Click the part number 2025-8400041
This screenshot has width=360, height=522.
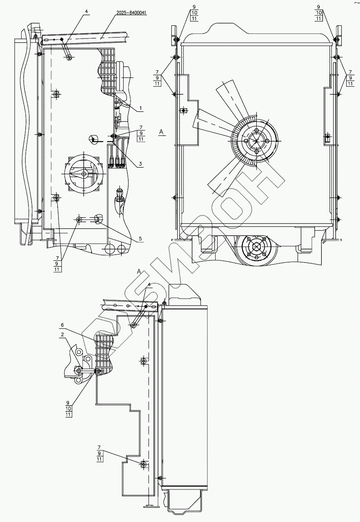point(129,13)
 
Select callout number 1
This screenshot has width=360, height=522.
point(140,108)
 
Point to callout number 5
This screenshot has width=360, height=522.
point(140,239)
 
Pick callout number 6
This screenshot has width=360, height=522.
point(62,325)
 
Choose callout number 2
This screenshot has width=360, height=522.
point(62,334)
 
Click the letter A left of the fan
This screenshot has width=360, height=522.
point(161,132)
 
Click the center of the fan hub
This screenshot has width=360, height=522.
point(253,140)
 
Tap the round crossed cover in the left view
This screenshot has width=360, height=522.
point(83,174)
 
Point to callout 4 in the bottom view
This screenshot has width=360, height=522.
point(149,284)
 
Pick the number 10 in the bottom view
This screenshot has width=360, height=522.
point(68,408)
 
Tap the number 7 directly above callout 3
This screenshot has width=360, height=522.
point(141,127)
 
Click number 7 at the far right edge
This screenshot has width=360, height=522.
point(349,72)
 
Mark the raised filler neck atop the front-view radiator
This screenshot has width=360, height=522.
point(255,28)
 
